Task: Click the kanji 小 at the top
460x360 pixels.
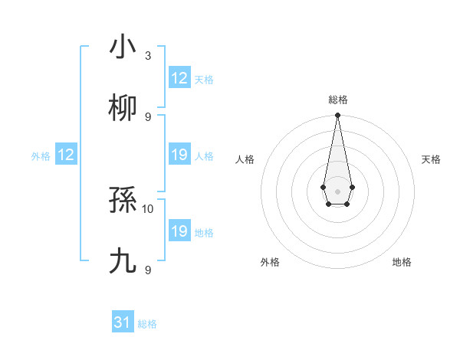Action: tap(123, 47)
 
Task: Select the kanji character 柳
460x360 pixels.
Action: tap(123, 108)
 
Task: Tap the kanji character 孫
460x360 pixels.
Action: tap(123, 201)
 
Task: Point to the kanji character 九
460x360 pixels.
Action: tap(123, 262)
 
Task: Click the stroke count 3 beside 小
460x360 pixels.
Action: tap(148, 56)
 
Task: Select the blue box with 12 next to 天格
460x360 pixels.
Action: tap(179, 78)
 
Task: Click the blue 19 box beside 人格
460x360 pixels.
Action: tap(179, 155)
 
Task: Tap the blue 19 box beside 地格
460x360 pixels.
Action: tap(179, 231)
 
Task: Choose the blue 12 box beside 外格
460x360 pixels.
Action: tap(65, 155)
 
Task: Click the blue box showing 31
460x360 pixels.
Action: tap(123, 323)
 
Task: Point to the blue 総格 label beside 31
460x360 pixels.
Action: tap(147, 324)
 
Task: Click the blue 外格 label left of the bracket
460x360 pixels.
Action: tap(41, 156)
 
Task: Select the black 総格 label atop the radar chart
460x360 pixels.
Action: tap(337, 100)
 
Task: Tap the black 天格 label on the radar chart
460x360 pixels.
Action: tap(431, 159)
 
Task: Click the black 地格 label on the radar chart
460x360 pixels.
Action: tap(402, 262)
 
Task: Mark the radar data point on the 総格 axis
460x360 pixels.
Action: tap(337, 116)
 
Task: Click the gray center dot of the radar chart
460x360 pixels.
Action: tap(337, 190)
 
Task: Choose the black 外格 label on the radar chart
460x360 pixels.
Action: tap(270, 262)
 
